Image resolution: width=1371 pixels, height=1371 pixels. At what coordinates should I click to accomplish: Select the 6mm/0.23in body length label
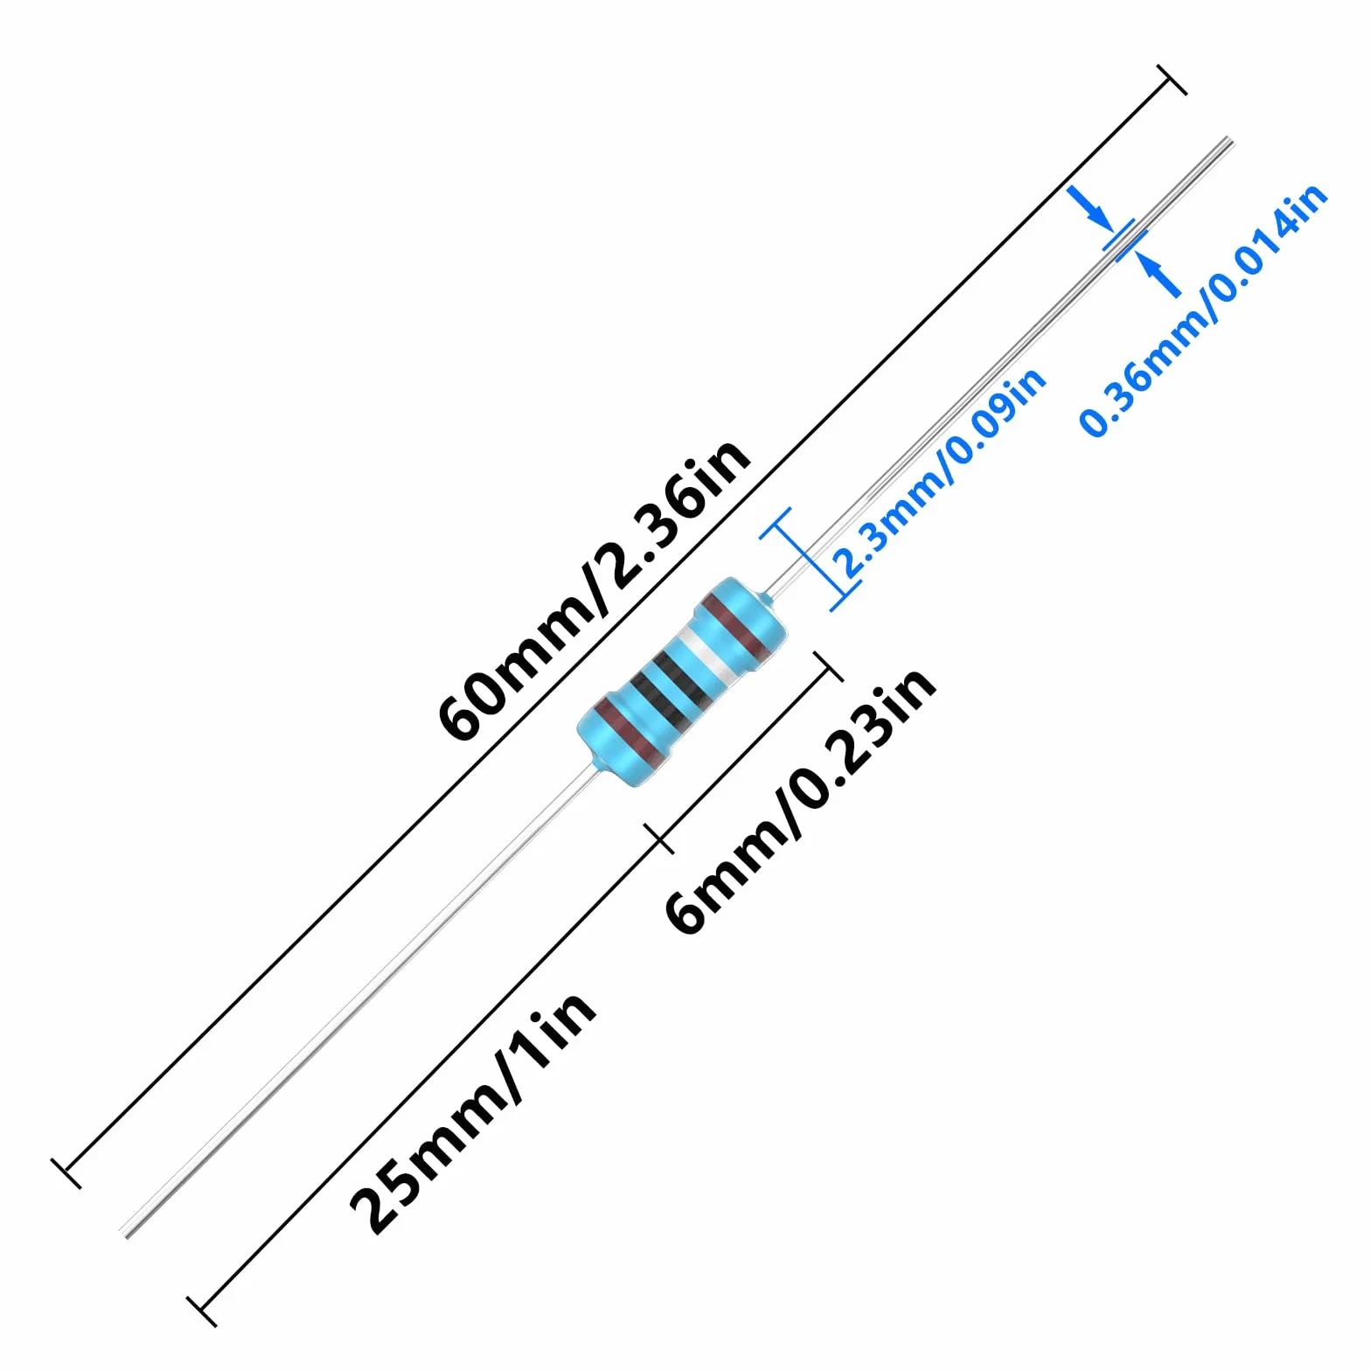click(801, 800)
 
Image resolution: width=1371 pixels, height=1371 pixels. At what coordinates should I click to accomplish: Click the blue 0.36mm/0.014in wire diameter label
click(1204, 310)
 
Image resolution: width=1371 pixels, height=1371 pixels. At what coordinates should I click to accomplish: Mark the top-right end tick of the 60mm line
click(1172, 80)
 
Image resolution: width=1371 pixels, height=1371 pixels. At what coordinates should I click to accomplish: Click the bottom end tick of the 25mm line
click(202, 1311)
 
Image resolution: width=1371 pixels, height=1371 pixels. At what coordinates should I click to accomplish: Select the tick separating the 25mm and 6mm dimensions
click(659, 839)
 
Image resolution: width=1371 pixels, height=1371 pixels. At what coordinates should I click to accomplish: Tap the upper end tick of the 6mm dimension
click(828, 666)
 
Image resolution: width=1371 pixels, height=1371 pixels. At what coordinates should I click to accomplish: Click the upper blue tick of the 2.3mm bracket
click(776, 523)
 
